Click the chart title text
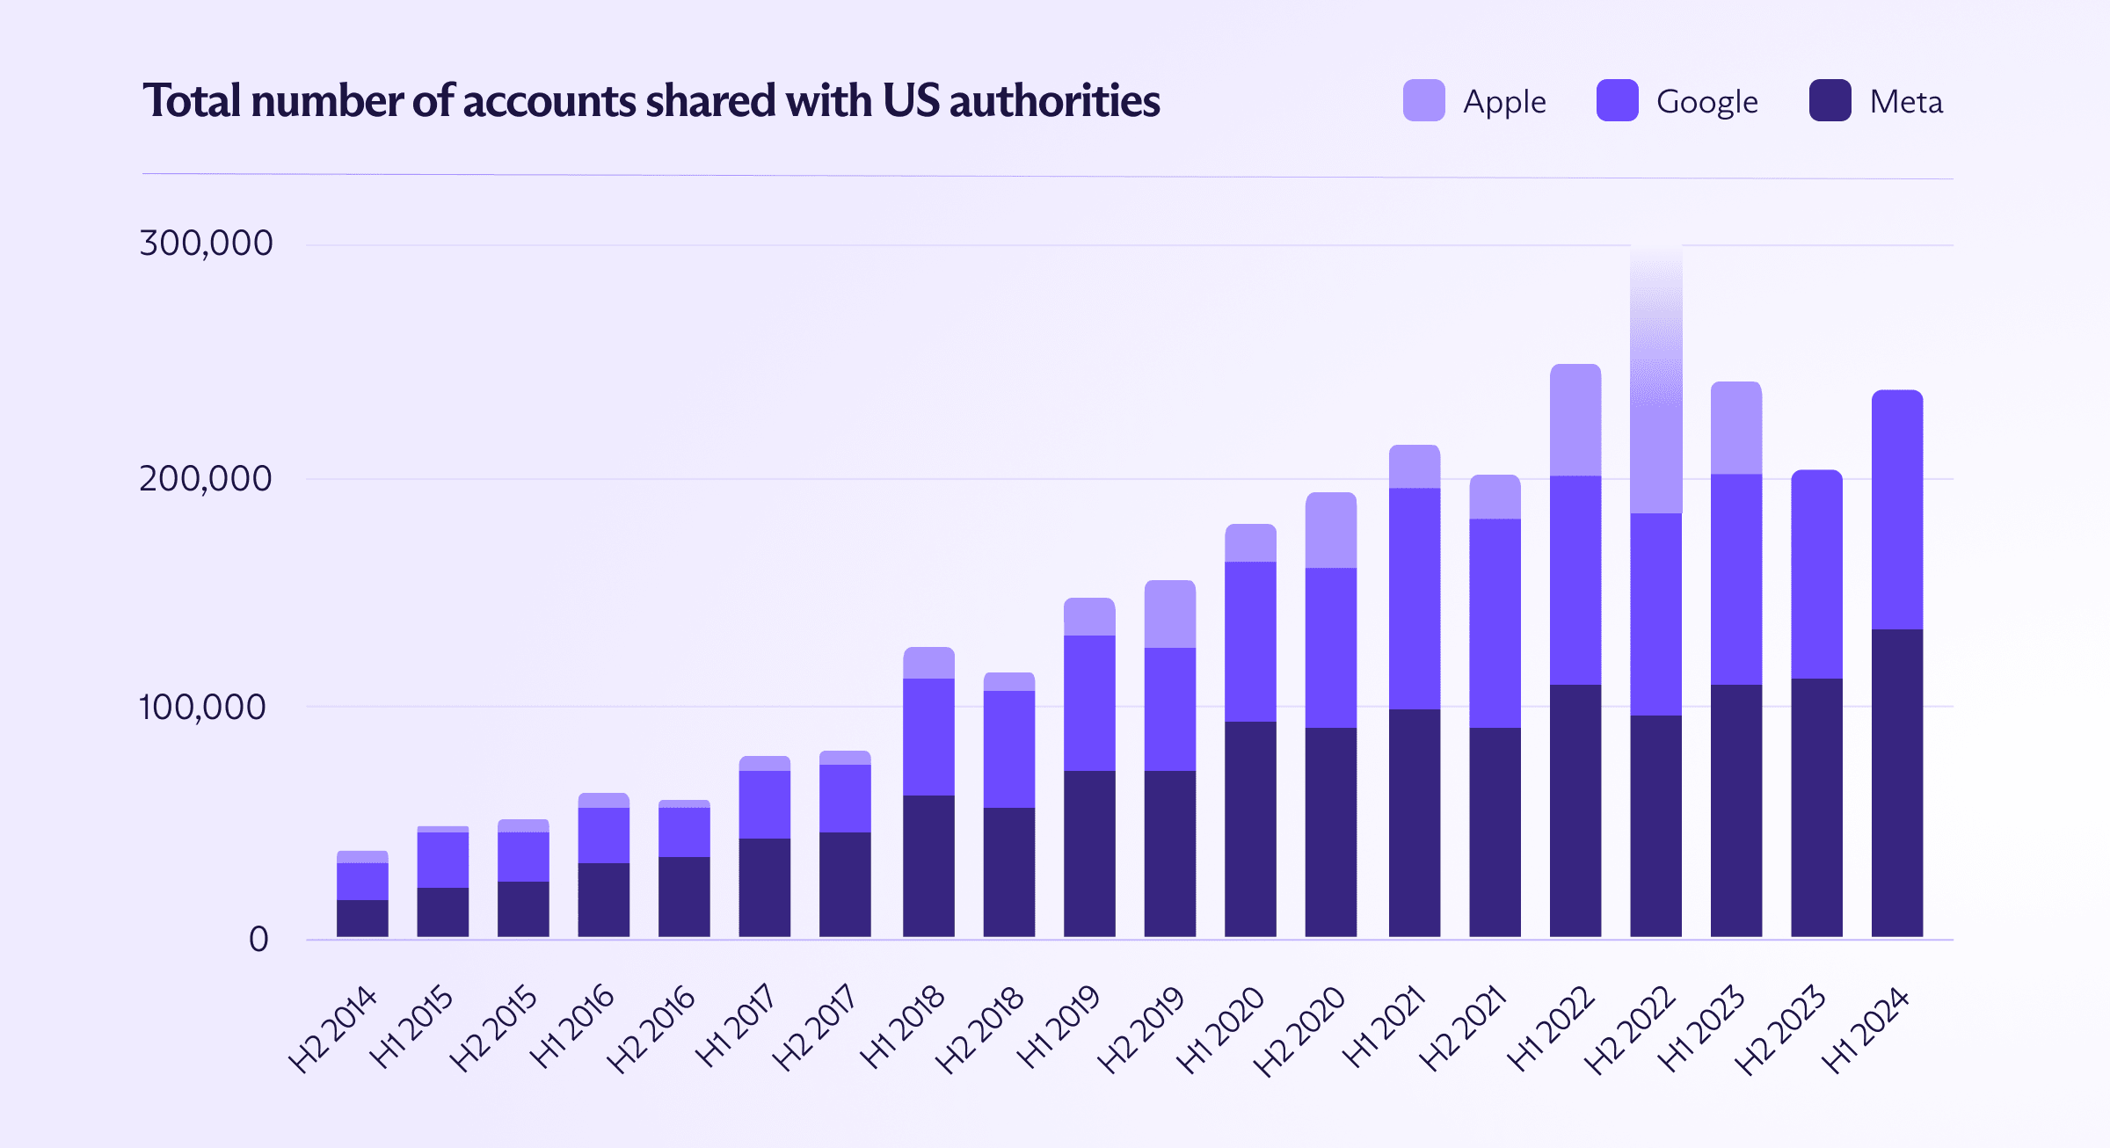tap(651, 101)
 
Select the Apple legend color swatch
tap(1423, 100)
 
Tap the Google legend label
tap(1706, 102)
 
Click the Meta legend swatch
tap(1830, 100)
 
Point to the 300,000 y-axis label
tap(206, 243)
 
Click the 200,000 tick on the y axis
tap(206, 479)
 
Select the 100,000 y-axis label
tap(202, 707)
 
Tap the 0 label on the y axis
tap(258, 939)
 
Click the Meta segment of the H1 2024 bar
tap(1896, 782)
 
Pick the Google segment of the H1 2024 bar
tap(1896, 510)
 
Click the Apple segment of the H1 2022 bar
tap(1575, 420)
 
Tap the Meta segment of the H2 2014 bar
tap(362, 918)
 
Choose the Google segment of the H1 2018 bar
tap(928, 737)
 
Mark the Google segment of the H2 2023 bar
tap(1816, 573)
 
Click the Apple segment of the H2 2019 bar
tap(1169, 614)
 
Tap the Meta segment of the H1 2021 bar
tap(1414, 822)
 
